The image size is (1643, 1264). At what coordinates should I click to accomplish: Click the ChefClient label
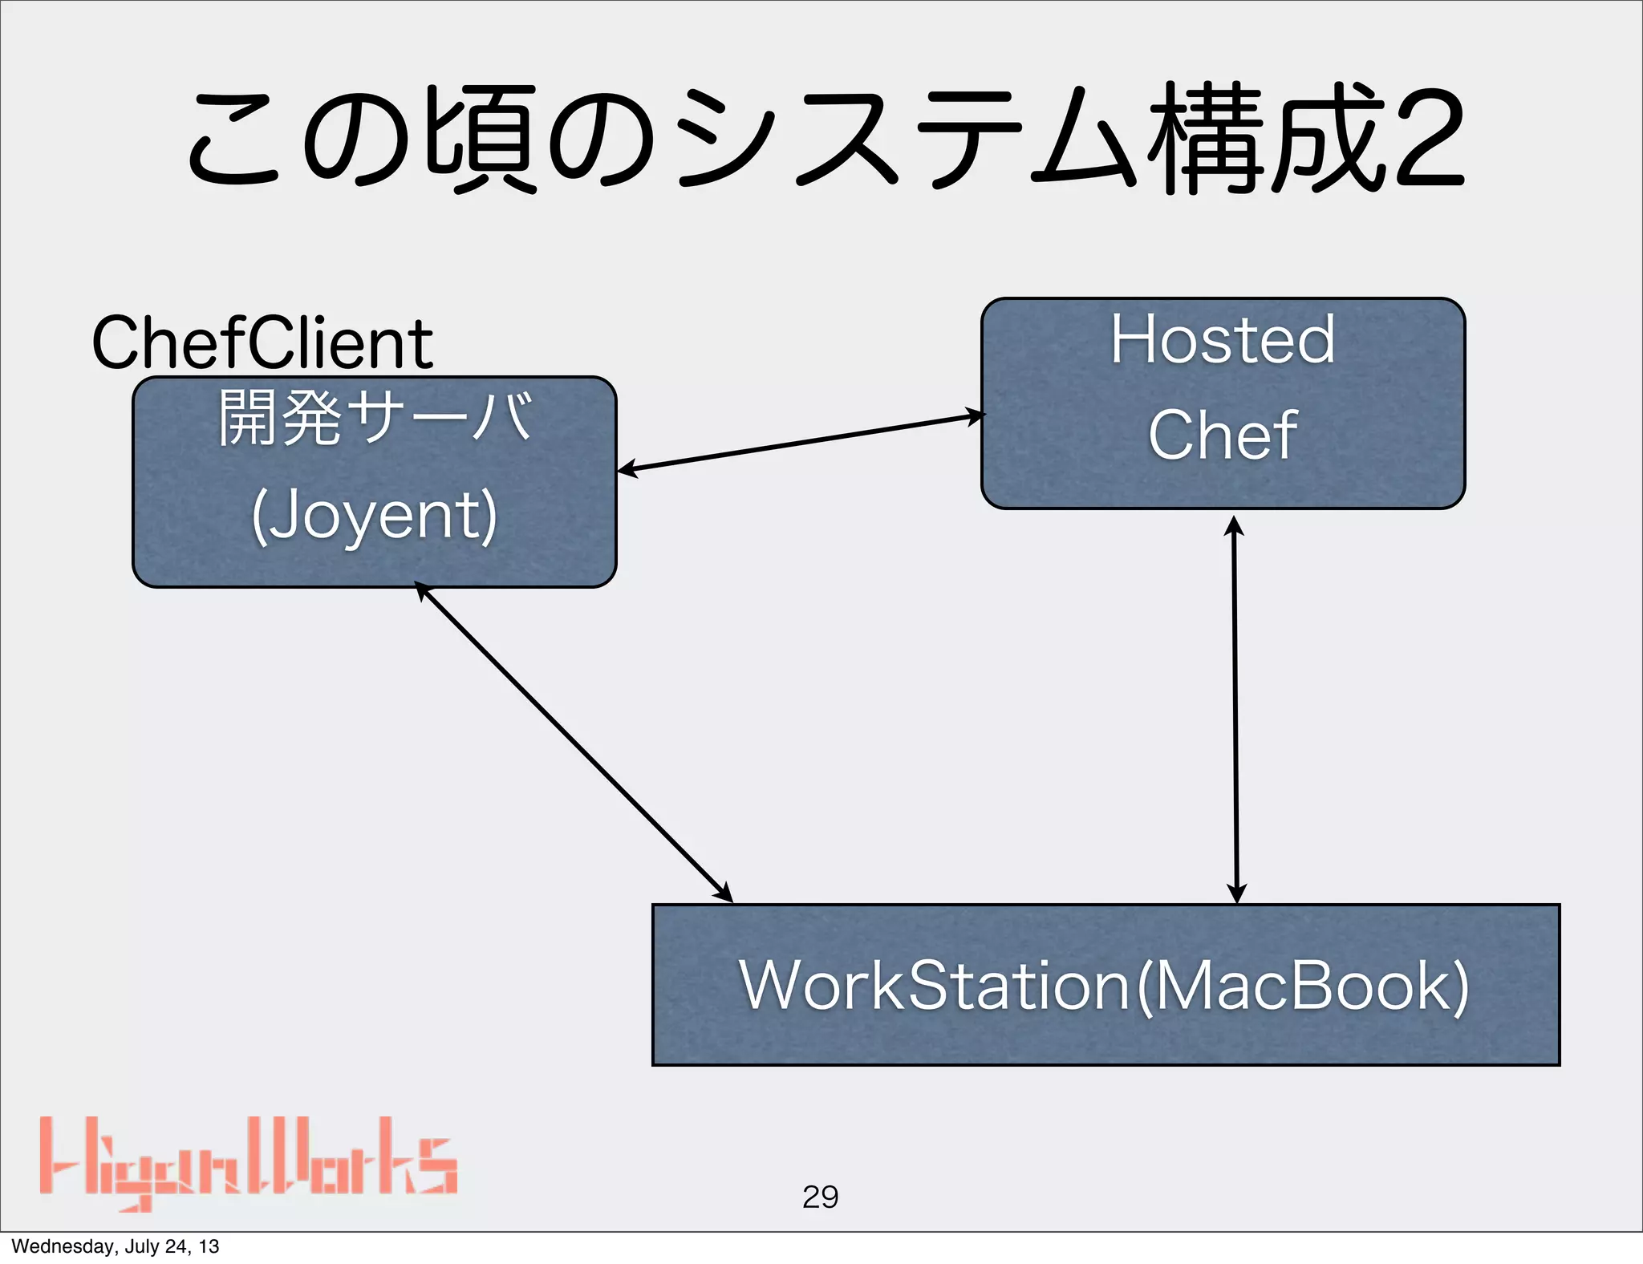point(262,343)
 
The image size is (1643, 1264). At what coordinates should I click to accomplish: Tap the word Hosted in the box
point(1223,340)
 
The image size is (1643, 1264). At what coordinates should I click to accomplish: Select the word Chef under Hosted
point(1223,435)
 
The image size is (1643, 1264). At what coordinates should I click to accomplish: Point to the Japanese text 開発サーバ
point(375,417)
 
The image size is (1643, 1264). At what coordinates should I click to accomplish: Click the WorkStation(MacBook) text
point(1104,986)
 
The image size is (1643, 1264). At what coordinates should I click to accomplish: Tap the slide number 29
point(820,1197)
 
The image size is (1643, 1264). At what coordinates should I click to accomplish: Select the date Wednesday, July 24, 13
point(115,1246)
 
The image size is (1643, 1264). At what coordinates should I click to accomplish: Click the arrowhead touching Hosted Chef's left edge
point(974,416)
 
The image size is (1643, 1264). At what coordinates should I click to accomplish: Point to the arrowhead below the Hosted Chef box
point(1234,526)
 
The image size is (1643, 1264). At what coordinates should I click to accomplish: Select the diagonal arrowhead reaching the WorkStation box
point(723,893)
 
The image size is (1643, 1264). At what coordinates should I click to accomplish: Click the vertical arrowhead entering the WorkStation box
point(1236,893)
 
